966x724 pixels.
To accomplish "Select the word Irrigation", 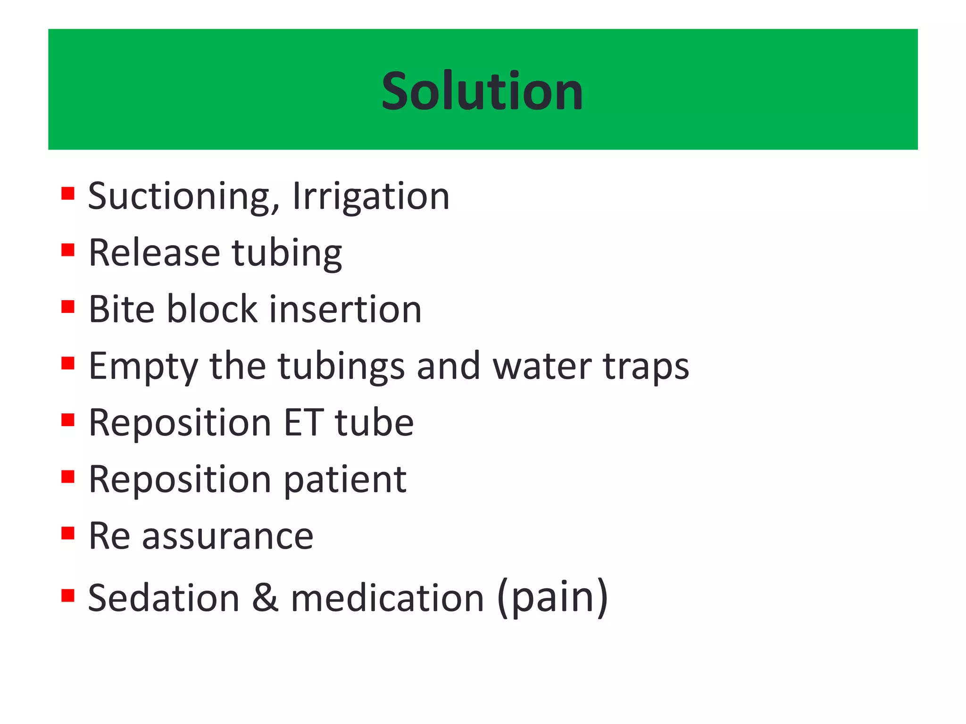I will [x=371, y=196].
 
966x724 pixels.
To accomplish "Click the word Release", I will [x=154, y=253].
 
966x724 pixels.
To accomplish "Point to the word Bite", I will [x=122, y=309].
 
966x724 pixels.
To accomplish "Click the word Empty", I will [x=143, y=367].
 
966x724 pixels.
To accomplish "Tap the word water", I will [x=542, y=366].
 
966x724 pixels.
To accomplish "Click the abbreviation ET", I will [x=303, y=422].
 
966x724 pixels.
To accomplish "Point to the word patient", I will [x=345, y=479].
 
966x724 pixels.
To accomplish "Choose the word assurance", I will [x=228, y=536].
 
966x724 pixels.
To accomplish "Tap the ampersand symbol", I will [x=265, y=598].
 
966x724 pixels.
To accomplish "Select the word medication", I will [x=387, y=598].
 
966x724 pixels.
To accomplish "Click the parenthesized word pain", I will [x=553, y=598].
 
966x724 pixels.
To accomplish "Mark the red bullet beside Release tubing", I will [x=68, y=249].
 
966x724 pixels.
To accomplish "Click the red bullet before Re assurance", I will [x=68, y=533].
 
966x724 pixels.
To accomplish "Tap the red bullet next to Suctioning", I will [x=68, y=193].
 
